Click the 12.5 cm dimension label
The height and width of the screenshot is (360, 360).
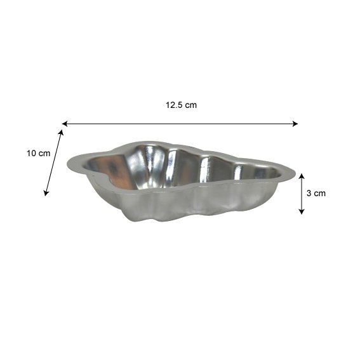point(181,105)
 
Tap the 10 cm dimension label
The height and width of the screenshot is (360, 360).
point(38,154)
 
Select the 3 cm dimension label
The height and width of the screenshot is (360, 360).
point(316,193)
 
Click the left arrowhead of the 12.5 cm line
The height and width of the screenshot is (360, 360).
point(65,124)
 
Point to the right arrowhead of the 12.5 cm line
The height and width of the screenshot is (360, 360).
point(295,124)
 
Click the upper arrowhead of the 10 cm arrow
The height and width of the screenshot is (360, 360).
point(61,133)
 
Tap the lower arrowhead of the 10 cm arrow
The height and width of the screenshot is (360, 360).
point(46,193)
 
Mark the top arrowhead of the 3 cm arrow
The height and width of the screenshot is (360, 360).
point(302,176)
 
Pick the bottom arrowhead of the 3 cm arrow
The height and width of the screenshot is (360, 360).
point(302,211)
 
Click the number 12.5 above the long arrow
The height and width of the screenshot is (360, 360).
point(174,105)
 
